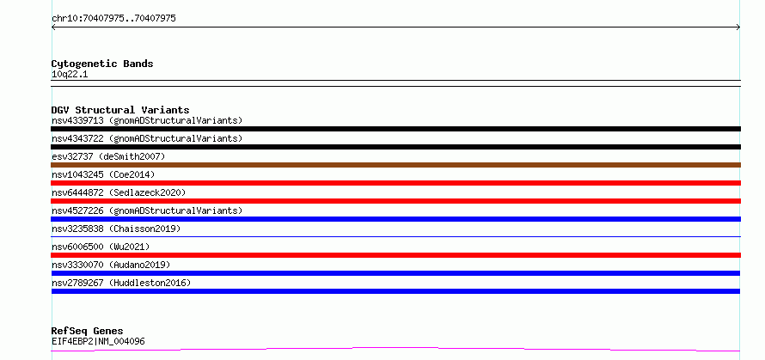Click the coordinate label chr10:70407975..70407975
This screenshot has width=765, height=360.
point(113,19)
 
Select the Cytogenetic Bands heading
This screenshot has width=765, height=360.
point(102,64)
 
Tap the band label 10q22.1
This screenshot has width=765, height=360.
point(70,75)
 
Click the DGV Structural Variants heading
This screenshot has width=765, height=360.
point(120,110)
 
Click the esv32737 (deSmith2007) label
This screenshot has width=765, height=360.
point(108,156)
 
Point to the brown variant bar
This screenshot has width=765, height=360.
point(395,165)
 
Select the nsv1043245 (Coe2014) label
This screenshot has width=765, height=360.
point(103,174)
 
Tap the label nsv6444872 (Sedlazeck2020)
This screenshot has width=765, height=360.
point(119,192)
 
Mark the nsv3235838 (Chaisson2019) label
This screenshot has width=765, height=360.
point(116,229)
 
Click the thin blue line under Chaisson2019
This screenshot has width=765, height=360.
point(395,236)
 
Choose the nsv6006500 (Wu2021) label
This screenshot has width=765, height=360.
point(101,247)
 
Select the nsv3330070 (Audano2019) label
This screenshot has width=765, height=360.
point(111,265)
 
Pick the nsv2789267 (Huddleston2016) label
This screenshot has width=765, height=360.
point(121,283)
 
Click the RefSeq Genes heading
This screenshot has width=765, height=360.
point(88,331)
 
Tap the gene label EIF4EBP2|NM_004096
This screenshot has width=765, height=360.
point(98,341)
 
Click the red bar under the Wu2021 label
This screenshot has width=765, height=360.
point(395,255)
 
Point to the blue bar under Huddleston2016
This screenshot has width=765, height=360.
point(395,291)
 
